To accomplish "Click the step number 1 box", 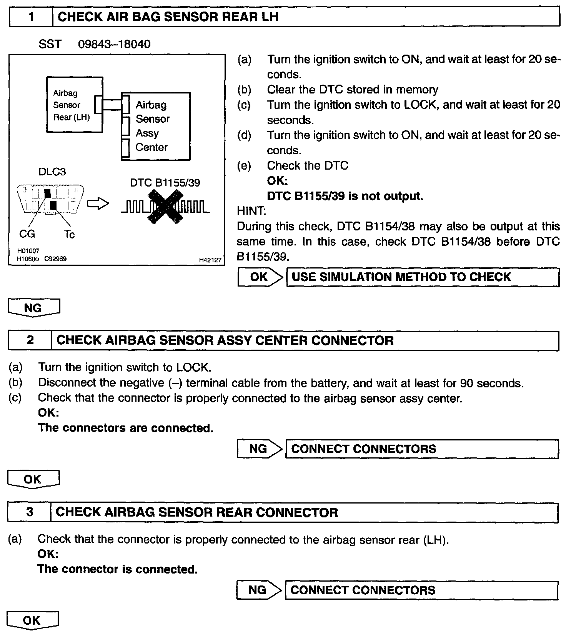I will (x=31, y=17).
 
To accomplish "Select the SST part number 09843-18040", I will (x=114, y=44).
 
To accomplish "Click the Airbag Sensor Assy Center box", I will (x=156, y=126).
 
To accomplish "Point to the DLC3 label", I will (x=52, y=172).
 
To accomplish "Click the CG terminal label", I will (x=27, y=233).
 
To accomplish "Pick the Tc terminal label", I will (x=70, y=234).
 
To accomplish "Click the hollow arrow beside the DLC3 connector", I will (x=98, y=204).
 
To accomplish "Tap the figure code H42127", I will (x=210, y=260).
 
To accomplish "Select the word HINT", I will (x=251, y=211).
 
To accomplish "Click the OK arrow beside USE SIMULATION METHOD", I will (x=260, y=277).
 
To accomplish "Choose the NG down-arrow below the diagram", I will (x=34, y=308).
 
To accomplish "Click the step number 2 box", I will (x=30, y=340).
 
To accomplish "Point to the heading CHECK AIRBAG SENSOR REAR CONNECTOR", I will (x=197, y=512).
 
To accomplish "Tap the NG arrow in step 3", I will (x=259, y=590).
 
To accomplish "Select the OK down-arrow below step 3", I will (x=32, y=620).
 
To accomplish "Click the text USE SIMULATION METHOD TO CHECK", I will (x=401, y=277).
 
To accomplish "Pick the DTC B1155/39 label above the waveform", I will (x=165, y=183).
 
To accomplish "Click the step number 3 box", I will (x=29, y=512).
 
